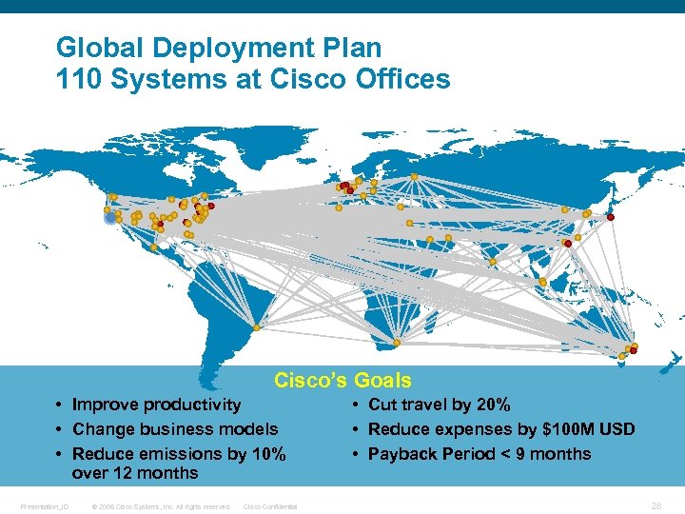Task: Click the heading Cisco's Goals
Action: pyautogui.click(x=342, y=381)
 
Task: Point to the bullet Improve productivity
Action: pyautogui.click(x=156, y=405)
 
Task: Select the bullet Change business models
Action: pyautogui.click(x=175, y=429)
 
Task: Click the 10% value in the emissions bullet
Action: pyautogui.click(x=265, y=453)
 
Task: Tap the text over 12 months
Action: pyautogui.click(x=134, y=473)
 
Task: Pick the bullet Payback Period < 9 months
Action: pyautogui.click(x=479, y=453)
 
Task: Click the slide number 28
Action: pyautogui.click(x=656, y=504)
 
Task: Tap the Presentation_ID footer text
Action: pyautogui.click(x=45, y=506)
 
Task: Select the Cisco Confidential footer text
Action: pyautogui.click(x=270, y=506)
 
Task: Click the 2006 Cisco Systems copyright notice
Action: pyautogui.click(x=160, y=506)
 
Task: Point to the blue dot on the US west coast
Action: pyautogui.click(x=110, y=218)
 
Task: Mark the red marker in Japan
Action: pyautogui.click(x=611, y=218)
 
